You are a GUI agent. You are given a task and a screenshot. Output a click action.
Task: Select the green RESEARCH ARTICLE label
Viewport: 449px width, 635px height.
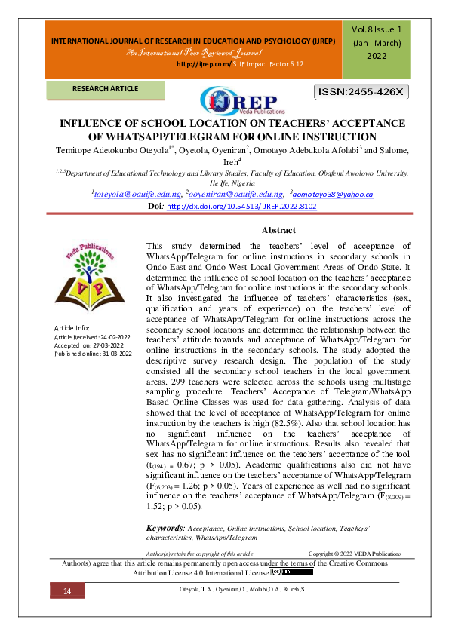(106, 89)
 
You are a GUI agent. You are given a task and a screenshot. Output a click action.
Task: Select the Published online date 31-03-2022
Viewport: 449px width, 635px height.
(112, 353)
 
